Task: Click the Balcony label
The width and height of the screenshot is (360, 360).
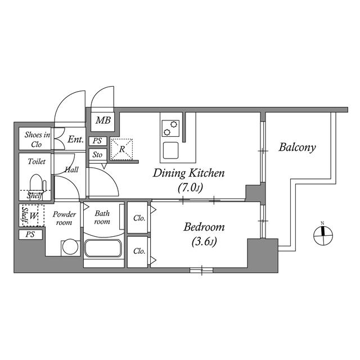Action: tap(297, 147)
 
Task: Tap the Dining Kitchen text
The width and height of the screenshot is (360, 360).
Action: tap(188, 173)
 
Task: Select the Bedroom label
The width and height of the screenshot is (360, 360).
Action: tap(204, 227)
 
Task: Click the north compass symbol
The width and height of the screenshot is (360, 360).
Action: tap(323, 235)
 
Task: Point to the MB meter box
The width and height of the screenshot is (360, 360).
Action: tap(102, 122)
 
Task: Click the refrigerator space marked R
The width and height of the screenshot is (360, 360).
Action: tap(121, 149)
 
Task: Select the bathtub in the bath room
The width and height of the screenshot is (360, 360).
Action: tap(102, 248)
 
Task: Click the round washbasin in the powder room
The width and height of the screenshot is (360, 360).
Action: tap(70, 247)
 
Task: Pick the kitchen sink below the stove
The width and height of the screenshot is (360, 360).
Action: tap(170, 150)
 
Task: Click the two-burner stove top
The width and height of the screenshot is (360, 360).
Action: tap(170, 128)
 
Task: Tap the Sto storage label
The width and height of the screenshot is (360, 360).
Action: tap(97, 155)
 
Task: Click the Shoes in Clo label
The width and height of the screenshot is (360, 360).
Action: tap(37, 139)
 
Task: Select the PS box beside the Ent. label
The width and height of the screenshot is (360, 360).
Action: tap(98, 141)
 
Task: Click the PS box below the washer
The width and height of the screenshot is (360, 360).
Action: tap(30, 235)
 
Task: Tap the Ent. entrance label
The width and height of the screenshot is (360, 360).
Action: tap(75, 139)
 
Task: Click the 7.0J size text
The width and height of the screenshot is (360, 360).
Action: tap(190, 188)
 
